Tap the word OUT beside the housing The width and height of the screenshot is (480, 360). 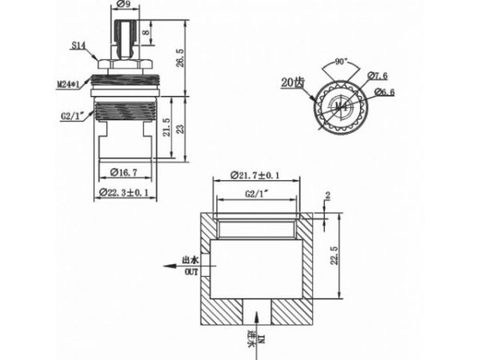(x=191, y=273)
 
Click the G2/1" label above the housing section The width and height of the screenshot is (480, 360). (x=255, y=194)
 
